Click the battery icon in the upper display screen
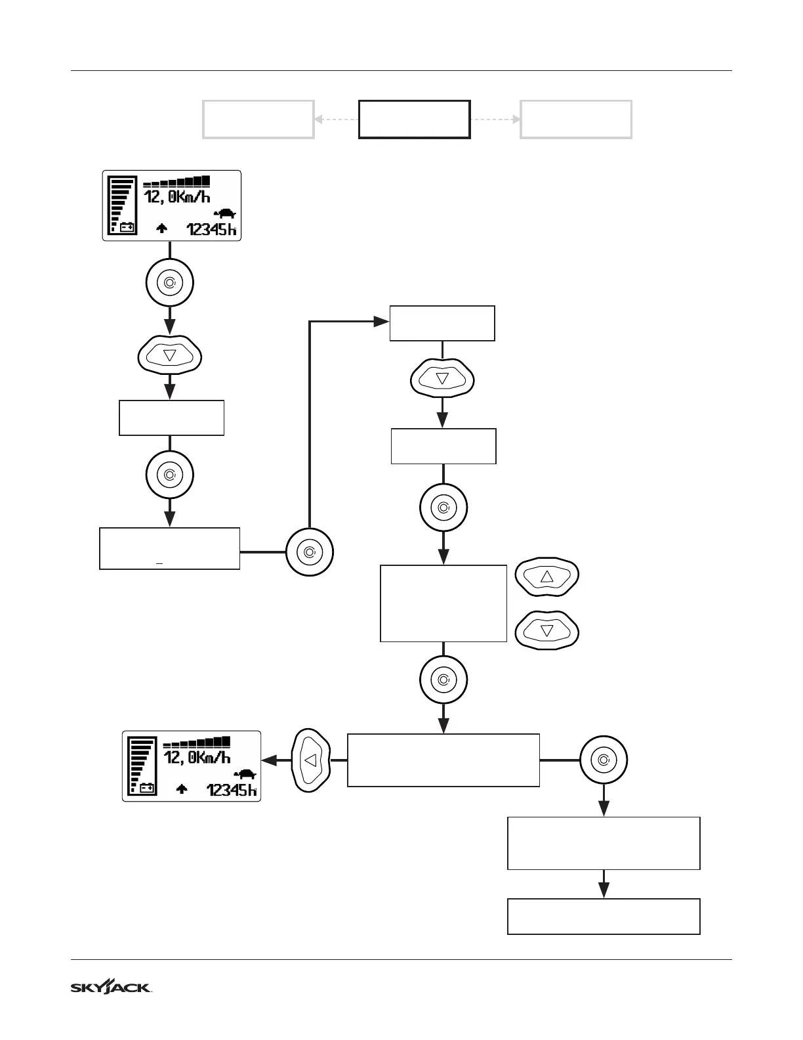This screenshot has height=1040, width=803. point(127,228)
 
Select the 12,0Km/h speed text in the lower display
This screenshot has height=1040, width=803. point(197,758)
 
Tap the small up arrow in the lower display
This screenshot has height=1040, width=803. point(182,789)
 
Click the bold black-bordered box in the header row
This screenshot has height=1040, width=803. point(414,119)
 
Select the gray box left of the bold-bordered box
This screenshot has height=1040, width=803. point(258,119)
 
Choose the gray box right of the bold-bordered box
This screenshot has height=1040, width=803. point(576,119)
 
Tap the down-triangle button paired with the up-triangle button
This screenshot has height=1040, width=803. point(547,631)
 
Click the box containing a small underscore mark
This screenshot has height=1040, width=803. point(169,548)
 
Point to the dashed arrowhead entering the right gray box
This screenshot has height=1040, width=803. point(516,119)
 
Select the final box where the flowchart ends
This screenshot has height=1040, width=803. point(604,916)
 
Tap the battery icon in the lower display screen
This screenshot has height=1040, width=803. point(147,788)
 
